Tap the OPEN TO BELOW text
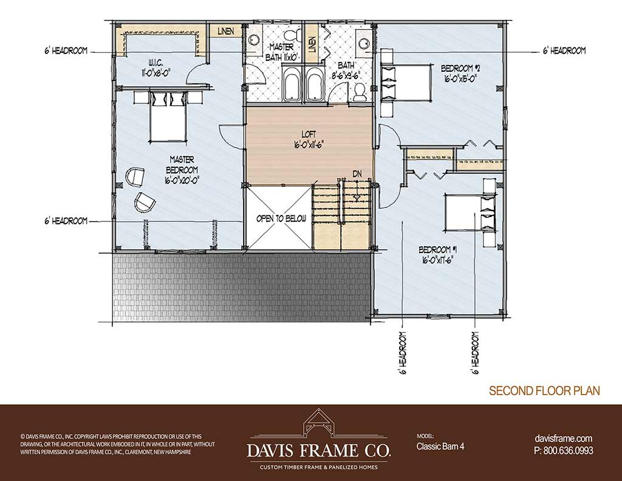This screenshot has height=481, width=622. coord(281,218)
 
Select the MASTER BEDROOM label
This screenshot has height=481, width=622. coord(182,169)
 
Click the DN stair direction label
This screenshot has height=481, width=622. coord(357,173)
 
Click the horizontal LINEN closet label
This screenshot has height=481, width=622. coord(226,31)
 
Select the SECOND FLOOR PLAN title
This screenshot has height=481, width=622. coord(544,390)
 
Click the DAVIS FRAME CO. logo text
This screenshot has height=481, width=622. coord(319,450)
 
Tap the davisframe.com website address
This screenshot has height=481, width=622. coord(564,438)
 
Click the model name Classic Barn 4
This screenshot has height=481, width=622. coord(440,446)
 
